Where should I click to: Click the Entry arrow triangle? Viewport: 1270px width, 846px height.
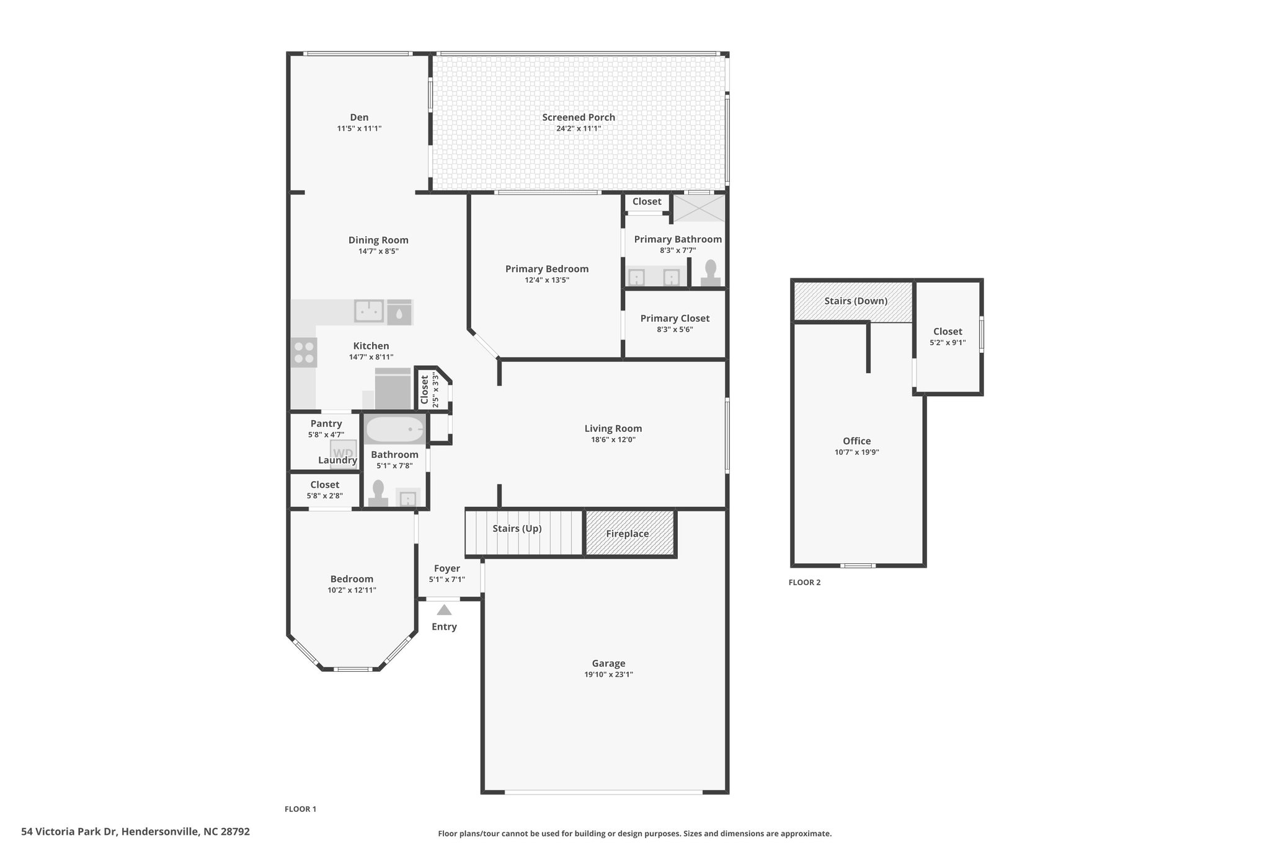[444, 610]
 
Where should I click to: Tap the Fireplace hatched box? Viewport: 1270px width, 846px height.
[630, 533]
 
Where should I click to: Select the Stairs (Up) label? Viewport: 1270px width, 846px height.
[517, 529]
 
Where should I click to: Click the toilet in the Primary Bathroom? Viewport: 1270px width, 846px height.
[711, 273]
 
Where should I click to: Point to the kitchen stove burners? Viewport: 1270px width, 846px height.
[304, 353]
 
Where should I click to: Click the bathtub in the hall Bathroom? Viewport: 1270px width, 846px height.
[394, 429]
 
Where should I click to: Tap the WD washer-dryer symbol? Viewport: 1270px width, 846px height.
[343, 453]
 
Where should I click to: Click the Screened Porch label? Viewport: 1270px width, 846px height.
[579, 117]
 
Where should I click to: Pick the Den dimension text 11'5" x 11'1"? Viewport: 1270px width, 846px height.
[359, 128]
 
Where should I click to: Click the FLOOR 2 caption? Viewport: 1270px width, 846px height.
[804, 582]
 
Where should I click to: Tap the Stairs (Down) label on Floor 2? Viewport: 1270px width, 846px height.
[856, 301]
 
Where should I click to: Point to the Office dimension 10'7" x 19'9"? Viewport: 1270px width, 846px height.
[856, 452]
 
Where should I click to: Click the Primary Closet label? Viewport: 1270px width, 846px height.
[675, 319]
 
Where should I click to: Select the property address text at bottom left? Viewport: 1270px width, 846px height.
[135, 832]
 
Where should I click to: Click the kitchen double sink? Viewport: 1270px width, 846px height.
[369, 311]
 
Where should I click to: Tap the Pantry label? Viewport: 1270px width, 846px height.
[326, 423]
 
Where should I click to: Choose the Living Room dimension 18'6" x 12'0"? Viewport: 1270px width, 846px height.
[613, 439]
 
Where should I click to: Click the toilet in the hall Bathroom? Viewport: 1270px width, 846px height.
[378, 494]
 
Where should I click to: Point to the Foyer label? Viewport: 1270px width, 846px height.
[447, 568]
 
